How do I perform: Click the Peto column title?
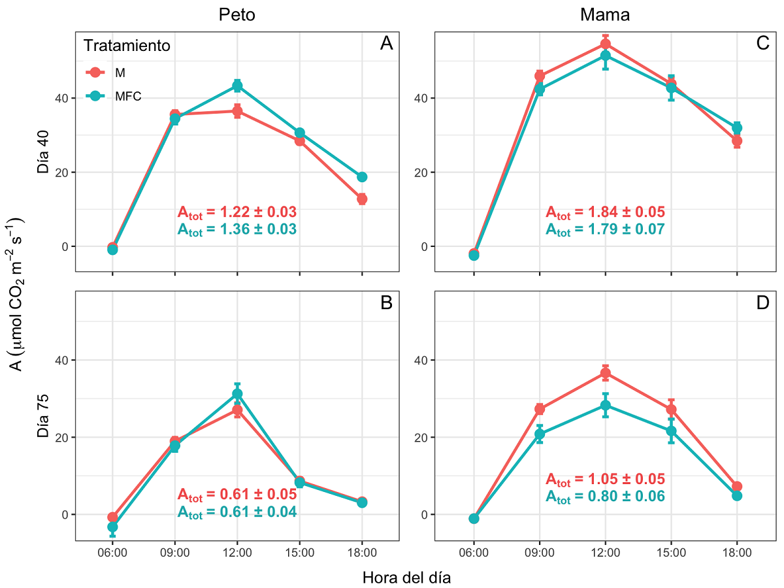tap(237, 15)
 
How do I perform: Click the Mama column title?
tap(605, 15)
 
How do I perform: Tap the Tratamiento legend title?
tap(127, 46)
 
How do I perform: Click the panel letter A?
tap(387, 44)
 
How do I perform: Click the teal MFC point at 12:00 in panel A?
tap(237, 86)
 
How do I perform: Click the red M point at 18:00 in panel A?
tap(362, 199)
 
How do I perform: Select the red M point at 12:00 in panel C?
tap(605, 44)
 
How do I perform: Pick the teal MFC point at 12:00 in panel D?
tap(605, 405)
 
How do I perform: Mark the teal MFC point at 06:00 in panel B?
tap(112, 527)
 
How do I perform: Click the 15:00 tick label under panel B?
tap(299, 553)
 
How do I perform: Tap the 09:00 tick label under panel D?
tap(539, 553)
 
